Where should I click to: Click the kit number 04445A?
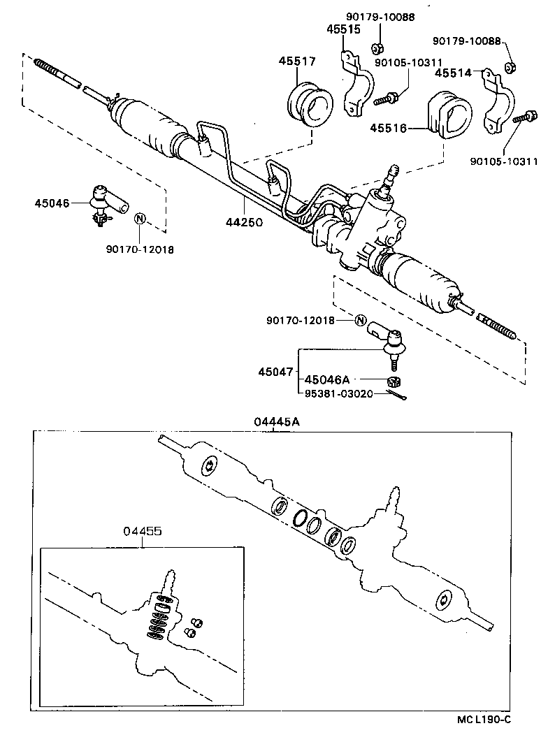[x=274, y=421]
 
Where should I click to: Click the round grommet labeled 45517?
[x=310, y=107]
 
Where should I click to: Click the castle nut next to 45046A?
[x=394, y=381]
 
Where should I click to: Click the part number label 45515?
[x=342, y=29]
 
